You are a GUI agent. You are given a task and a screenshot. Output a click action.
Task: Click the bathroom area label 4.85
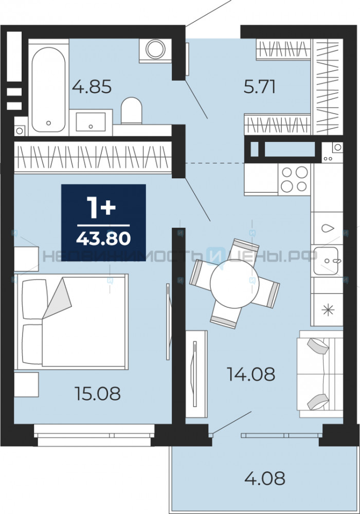92,87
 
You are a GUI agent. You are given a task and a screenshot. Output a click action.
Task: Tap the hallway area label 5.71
259,87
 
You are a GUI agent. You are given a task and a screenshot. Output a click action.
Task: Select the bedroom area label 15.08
98,393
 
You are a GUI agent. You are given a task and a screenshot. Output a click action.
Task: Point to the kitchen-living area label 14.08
251,374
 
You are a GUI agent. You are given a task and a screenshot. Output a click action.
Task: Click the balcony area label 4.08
265,478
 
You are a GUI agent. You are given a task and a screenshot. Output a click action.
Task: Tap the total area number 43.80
103,238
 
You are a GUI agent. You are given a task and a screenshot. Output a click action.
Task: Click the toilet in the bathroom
132,111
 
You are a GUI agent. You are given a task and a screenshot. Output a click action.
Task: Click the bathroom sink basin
91,122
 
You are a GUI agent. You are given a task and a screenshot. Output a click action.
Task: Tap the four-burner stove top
294,179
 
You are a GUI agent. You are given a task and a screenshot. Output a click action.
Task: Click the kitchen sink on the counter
326,261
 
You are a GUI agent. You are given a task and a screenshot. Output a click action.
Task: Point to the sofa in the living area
320,374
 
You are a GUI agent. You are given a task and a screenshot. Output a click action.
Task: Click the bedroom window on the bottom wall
94,435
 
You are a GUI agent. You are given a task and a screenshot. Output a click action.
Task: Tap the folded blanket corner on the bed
57,298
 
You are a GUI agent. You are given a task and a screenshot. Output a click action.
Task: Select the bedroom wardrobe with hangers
93,157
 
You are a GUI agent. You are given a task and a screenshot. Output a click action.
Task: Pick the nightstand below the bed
27,384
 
